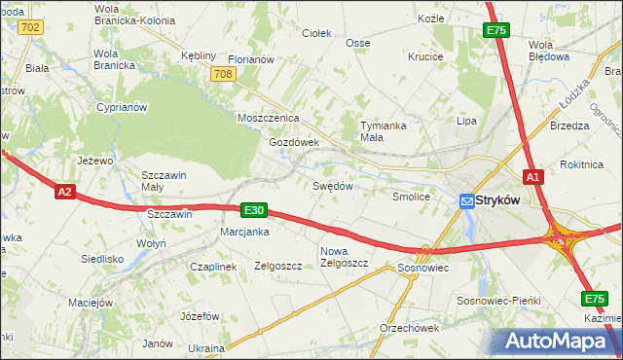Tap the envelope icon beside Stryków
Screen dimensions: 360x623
tap(467, 200)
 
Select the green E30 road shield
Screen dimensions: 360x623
tap(253, 210)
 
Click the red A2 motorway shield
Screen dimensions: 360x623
tap(64, 193)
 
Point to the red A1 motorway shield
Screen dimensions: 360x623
tap(532, 177)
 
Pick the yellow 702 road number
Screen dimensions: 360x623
tap(29, 27)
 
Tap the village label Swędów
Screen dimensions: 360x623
tap(331, 185)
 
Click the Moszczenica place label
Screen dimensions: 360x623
tap(268, 118)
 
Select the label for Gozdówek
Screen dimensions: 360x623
tap(294, 142)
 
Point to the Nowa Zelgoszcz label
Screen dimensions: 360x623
tap(343, 257)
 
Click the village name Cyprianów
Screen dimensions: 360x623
tap(121, 108)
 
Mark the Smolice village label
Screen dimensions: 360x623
tap(411, 197)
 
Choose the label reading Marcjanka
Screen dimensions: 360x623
tap(244, 232)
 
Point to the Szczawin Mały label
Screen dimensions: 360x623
tap(165, 181)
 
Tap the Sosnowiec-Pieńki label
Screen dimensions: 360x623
tap(497, 302)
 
